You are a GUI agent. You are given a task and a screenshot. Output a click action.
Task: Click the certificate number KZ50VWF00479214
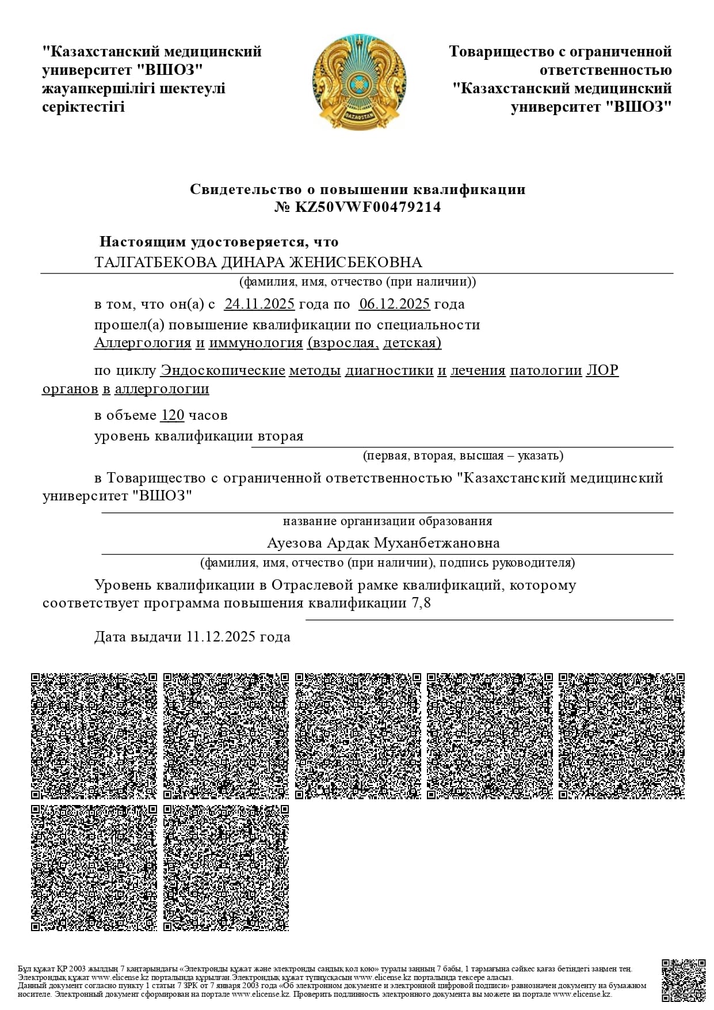point(368,207)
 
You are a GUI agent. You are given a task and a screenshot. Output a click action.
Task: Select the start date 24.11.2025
point(259,304)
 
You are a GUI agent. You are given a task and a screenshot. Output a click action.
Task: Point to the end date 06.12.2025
point(394,304)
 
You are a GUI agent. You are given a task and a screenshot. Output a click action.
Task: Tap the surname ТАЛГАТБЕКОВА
point(155,263)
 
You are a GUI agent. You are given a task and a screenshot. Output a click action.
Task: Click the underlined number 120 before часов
point(173,415)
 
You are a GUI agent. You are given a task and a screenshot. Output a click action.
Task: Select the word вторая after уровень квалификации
point(280,436)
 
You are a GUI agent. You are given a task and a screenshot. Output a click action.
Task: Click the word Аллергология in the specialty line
point(143,343)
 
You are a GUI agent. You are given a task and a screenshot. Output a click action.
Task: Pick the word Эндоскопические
point(223,370)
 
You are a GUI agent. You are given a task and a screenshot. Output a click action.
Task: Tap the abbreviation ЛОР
point(602,370)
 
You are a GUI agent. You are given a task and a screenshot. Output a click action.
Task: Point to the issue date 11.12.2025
point(222,637)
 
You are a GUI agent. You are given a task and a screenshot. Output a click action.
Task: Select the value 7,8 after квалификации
point(421,603)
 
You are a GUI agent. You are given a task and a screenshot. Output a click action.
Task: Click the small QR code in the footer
point(684,981)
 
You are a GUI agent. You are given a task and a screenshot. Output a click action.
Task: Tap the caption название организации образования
point(387,522)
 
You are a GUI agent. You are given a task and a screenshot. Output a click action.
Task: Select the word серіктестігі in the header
point(83,107)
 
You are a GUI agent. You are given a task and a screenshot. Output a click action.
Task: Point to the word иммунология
point(255,343)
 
